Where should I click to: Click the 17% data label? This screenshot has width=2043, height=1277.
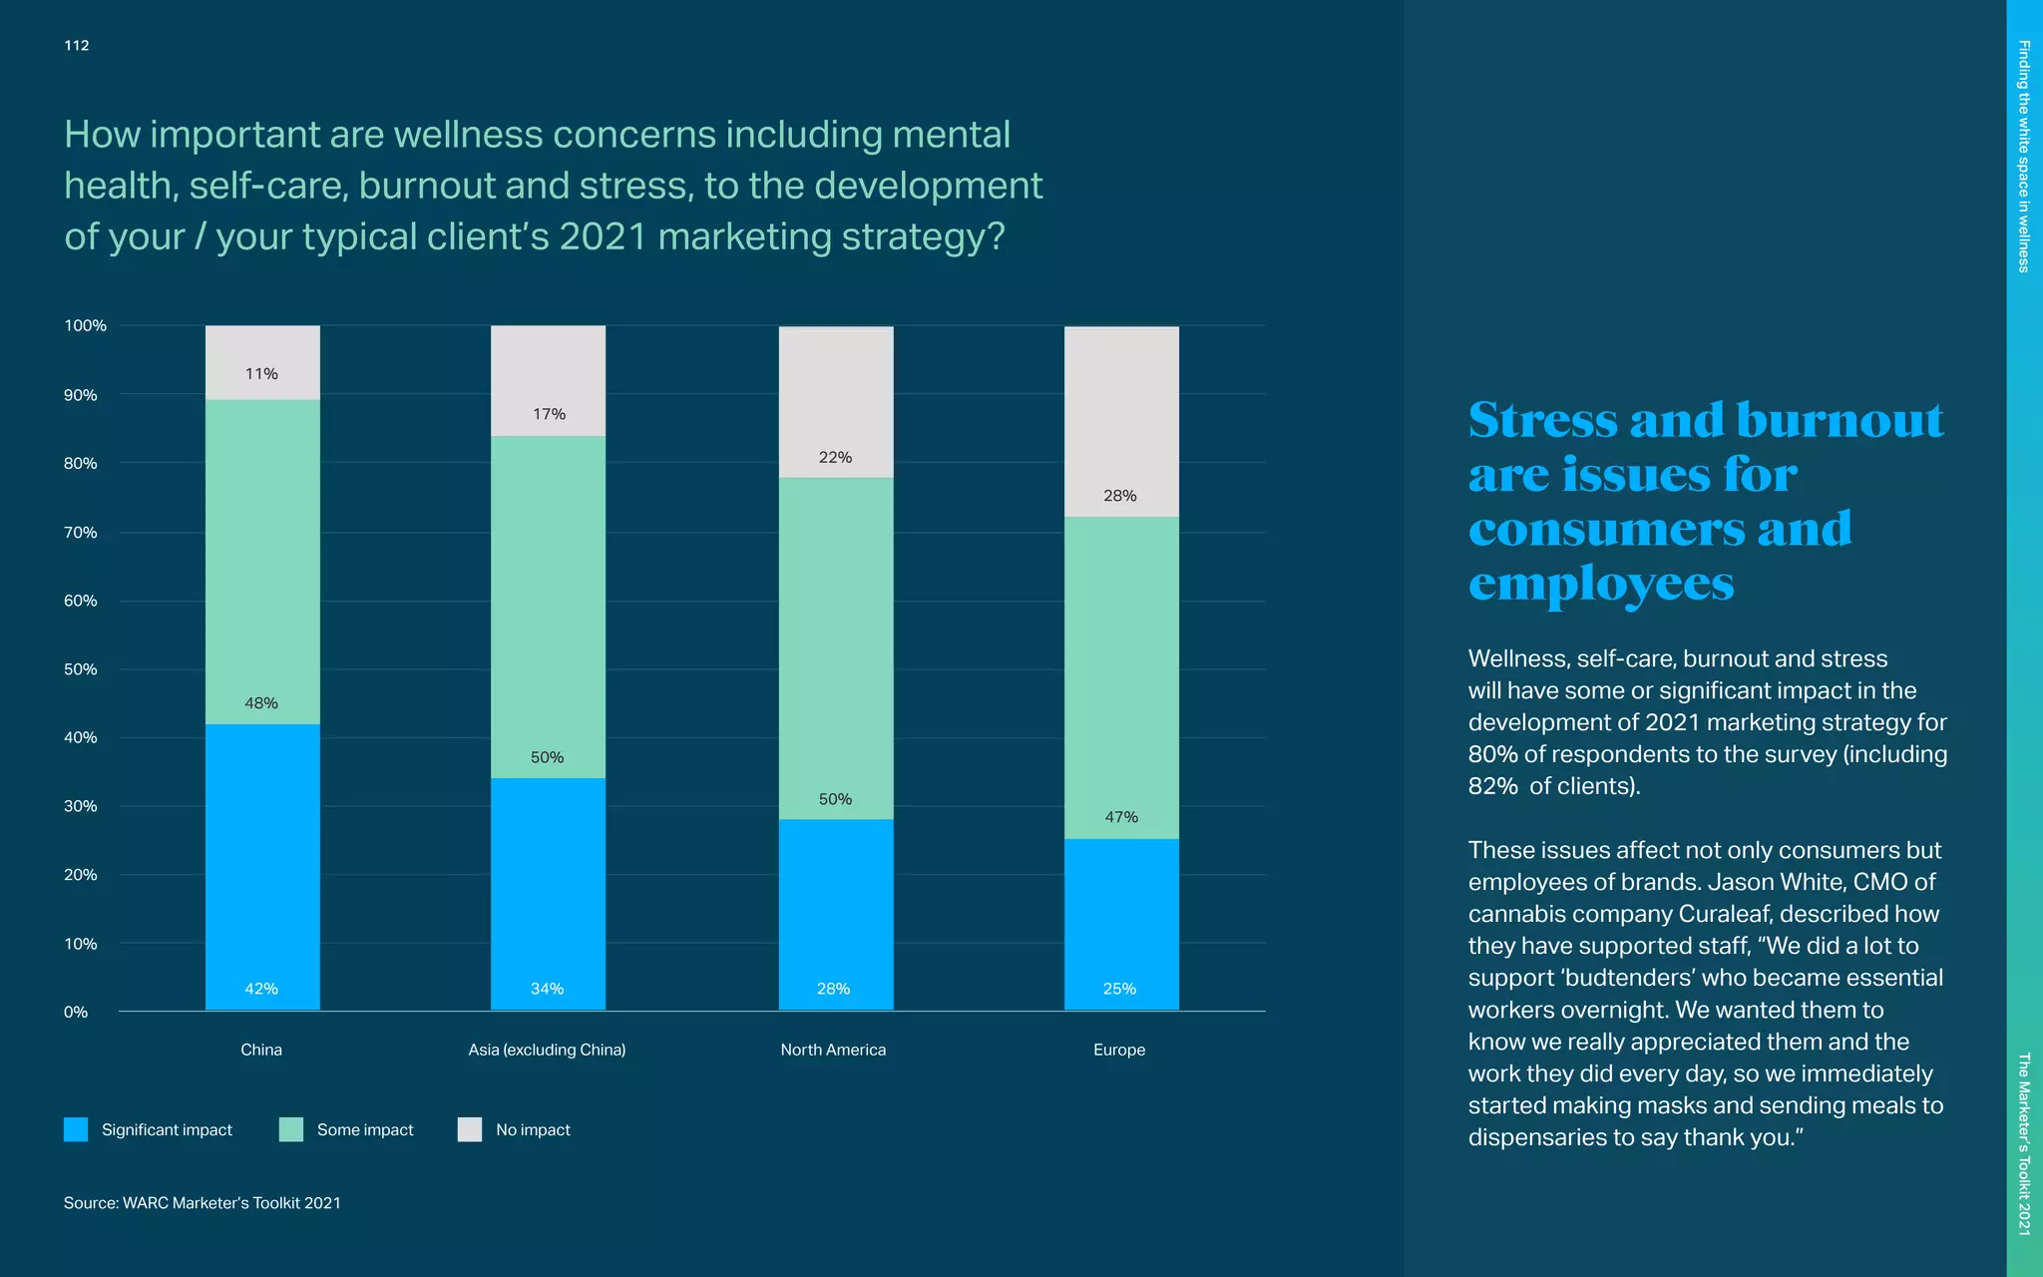click(549, 414)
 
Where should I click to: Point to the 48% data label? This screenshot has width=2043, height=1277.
click(261, 703)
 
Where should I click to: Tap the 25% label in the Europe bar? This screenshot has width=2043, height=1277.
click(1119, 989)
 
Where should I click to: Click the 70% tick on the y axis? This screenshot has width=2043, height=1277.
click(81, 533)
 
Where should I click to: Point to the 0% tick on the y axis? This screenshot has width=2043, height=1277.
click(76, 1012)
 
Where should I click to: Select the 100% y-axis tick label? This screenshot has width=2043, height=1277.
click(85, 325)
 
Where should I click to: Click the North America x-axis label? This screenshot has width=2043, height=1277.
click(833, 1050)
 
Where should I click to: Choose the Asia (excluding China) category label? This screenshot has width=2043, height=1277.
click(547, 1050)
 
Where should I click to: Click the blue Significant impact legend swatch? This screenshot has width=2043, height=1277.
click(76, 1129)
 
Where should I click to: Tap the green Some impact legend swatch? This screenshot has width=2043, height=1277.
click(291, 1129)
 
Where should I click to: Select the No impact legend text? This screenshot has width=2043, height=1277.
click(533, 1129)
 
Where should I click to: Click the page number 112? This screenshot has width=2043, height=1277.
click(77, 45)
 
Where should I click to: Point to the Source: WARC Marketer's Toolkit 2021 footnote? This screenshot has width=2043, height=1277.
click(203, 1203)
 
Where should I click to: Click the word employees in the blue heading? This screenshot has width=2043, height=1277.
click(1601, 583)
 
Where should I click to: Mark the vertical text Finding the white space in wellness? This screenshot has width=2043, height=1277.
click(2024, 156)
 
